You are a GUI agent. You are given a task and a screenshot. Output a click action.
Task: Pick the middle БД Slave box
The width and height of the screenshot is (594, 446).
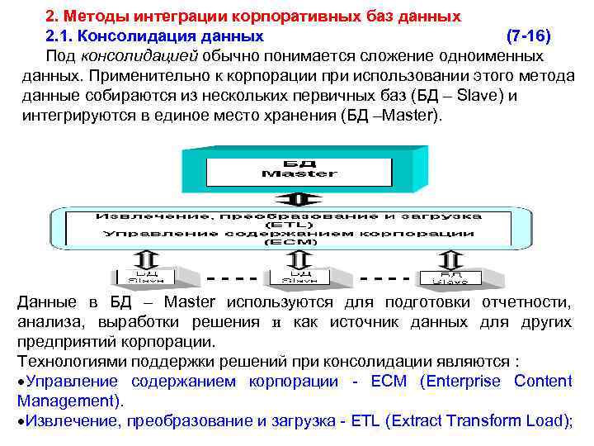pos(299,276)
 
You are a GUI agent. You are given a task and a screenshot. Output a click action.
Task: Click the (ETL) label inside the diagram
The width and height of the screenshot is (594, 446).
pos(288,225)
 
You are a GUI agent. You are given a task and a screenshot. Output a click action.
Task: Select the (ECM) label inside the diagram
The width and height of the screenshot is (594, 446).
pos(288,243)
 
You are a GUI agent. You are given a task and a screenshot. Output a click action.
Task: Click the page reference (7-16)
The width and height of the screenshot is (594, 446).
pos(529,37)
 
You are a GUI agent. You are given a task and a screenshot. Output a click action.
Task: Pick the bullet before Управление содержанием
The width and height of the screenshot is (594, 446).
pos(21,382)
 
